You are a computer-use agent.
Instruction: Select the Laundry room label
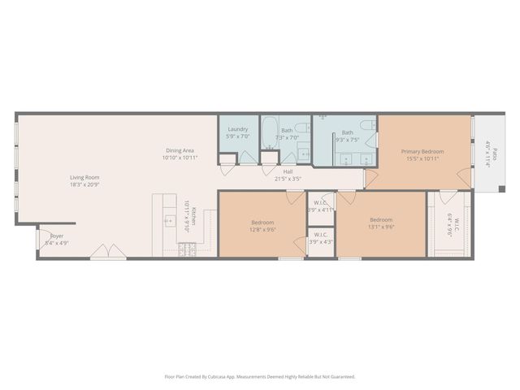pyautogui.click(x=237, y=129)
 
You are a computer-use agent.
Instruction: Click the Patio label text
pyautogui.click(x=489, y=154)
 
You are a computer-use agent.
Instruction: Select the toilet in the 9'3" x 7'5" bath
pyautogui.click(x=367, y=124)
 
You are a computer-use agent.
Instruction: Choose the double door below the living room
pyautogui.click(x=102, y=254)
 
